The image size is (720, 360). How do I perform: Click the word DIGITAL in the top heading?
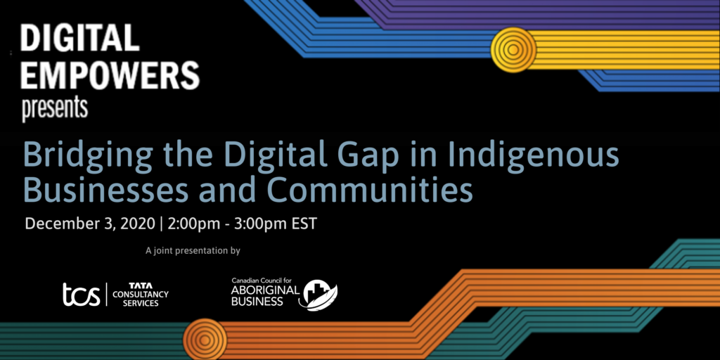(79, 38)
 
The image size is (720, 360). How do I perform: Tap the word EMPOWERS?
(110, 75)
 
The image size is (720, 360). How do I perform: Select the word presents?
(55, 109)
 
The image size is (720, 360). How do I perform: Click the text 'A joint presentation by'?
(193, 251)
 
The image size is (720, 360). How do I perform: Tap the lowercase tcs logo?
(82, 295)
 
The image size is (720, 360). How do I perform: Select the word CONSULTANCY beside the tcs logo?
(141, 295)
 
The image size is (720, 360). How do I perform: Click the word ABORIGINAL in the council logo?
(265, 291)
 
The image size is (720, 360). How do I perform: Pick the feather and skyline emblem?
(319, 295)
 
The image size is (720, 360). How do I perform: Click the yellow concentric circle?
(513, 50)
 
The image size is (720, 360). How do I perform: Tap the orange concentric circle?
(205, 340)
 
